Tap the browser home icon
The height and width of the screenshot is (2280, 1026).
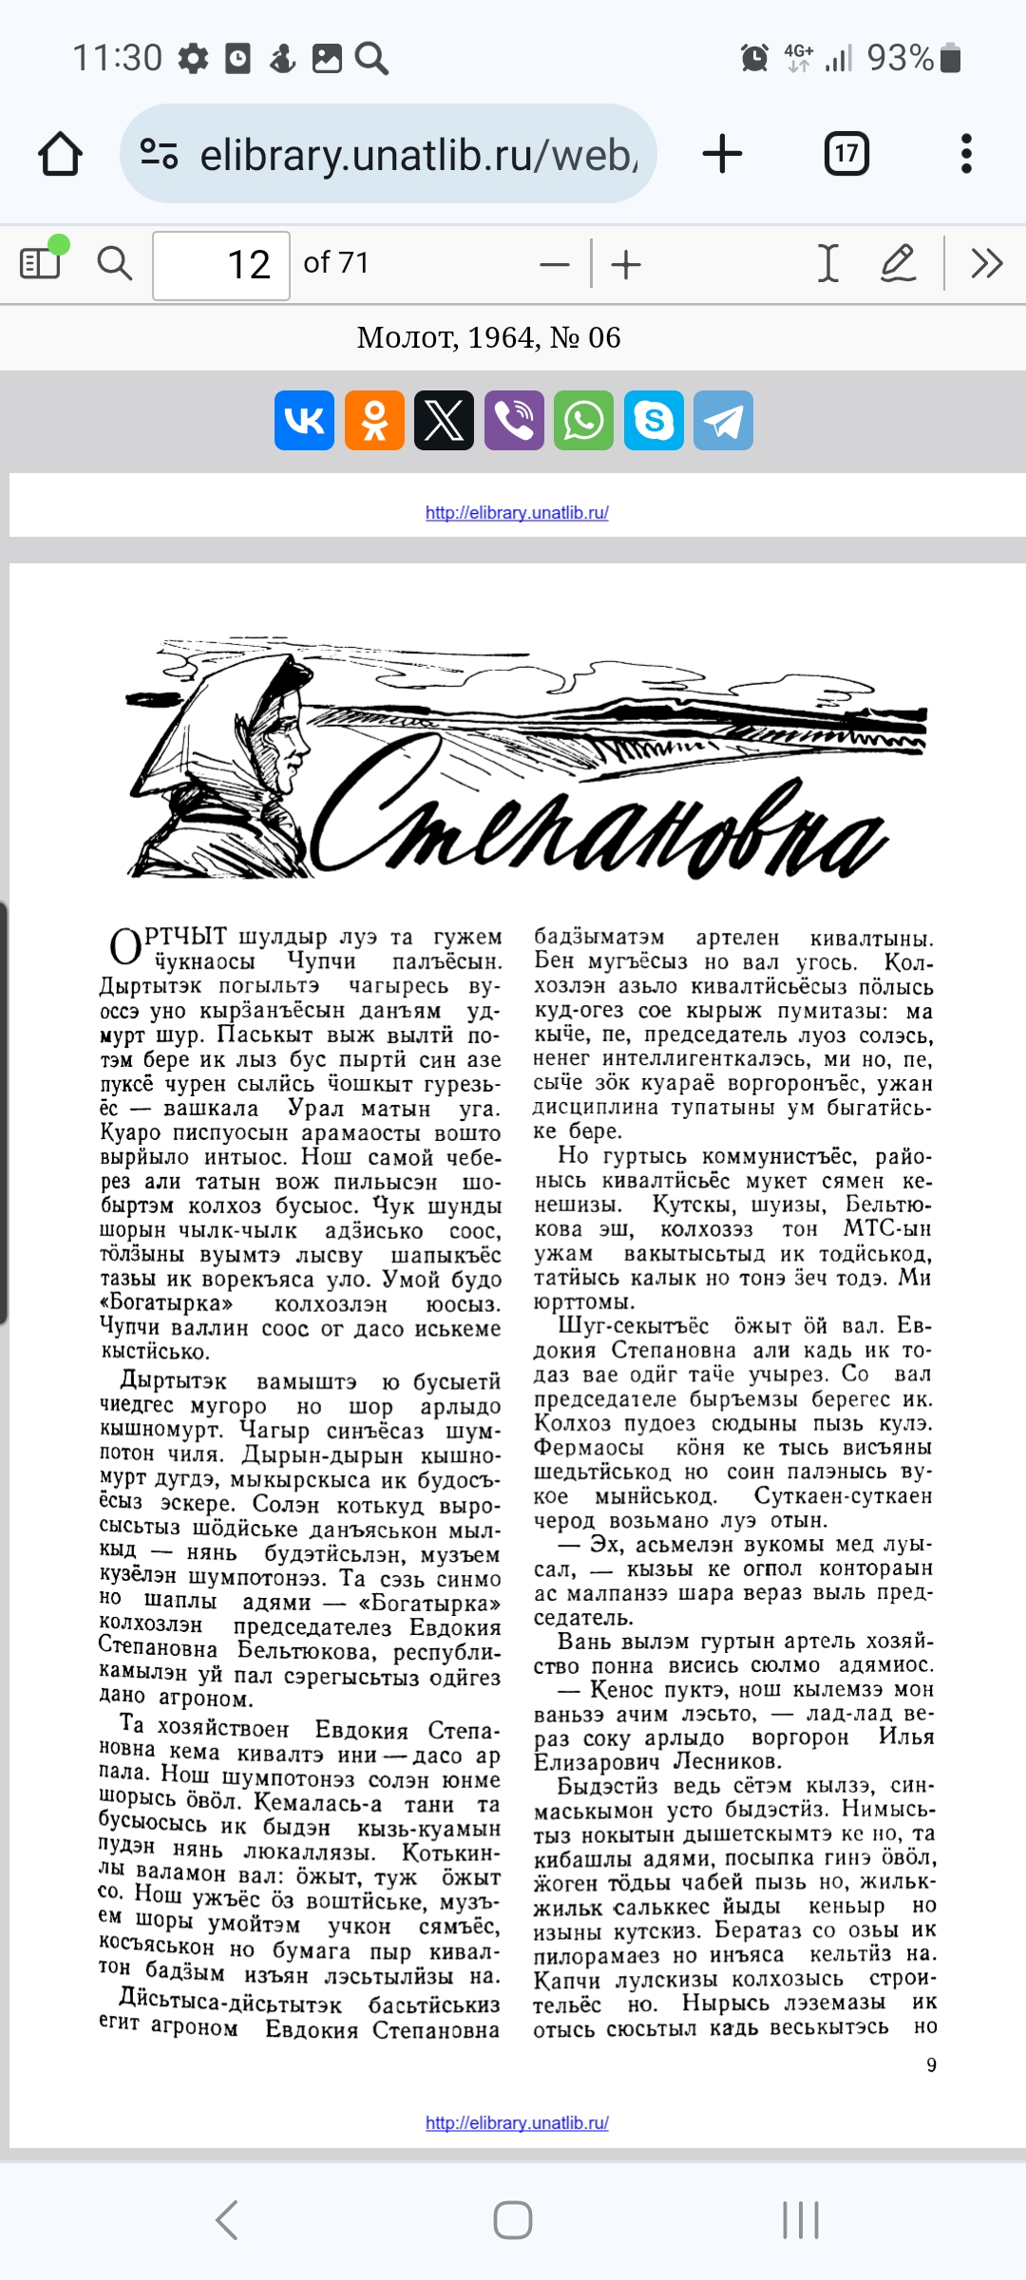60,155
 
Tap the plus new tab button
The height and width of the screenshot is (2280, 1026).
722,154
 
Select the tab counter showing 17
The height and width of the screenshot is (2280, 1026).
845,154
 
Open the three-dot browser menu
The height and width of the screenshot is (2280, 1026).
966,154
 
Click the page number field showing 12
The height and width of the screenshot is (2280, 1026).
221,265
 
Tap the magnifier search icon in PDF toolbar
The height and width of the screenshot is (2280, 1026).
115,263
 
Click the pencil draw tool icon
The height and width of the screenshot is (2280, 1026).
897,263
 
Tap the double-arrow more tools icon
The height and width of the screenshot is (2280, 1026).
987,263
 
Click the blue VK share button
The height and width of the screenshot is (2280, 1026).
304,420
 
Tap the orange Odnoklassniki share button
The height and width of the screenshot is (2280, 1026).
374,420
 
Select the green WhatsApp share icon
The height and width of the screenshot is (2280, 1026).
584,420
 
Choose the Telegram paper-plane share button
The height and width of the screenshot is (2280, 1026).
724,420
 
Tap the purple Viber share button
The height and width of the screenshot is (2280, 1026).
514,420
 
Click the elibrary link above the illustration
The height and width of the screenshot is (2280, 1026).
517,513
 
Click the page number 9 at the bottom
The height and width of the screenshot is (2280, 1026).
931,2064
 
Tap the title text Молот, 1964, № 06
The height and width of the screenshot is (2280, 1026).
488,338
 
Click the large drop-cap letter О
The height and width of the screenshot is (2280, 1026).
125,947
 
